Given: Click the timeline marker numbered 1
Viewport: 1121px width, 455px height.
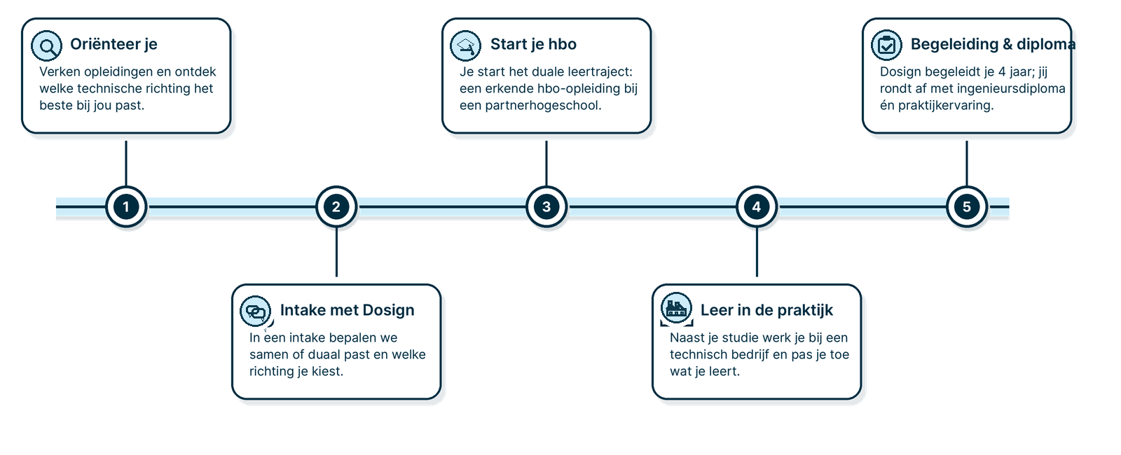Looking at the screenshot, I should pyautogui.click(x=126, y=206).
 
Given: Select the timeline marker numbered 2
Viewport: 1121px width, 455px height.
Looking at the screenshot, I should pyautogui.click(x=336, y=206).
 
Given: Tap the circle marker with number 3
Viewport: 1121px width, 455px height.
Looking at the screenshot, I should pyautogui.click(x=546, y=206).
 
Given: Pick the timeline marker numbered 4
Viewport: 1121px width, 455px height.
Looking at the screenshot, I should pyautogui.click(x=757, y=206).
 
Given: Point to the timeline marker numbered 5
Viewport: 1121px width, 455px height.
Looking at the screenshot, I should pyautogui.click(x=967, y=206).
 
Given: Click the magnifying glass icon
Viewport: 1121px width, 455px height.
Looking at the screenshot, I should pyautogui.click(x=47, y=46).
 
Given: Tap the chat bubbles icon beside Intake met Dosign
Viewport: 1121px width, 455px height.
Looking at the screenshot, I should pyautogui.click(x=256, y=311).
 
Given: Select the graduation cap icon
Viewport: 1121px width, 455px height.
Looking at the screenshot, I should pyautogui.click(x=466, y=46).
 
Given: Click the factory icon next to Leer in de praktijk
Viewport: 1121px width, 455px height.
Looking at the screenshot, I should pyautogui.click(x=676, y=308).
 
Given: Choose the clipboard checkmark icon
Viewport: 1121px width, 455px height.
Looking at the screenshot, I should pyautogui.click(x=886, y=46).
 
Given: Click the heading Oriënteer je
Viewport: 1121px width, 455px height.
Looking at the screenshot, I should pyautogui.click(x=114, y=44).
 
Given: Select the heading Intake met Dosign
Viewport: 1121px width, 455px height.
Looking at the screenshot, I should pyautogui.click(x=347, y=310).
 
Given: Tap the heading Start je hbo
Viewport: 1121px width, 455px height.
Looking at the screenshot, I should pyautogui.click(x=533, y=44).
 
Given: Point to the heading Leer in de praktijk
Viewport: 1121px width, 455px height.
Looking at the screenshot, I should pyautogui.click(x=766, y=310).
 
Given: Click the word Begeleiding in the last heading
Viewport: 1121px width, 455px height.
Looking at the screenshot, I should pyautogui.click(x=954, y=44).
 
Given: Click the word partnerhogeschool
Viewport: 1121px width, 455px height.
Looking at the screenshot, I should pyautogui.click(x=543, y=106).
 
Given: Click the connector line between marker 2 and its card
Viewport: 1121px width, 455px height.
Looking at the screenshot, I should pyautogui.click(x=336, y=252).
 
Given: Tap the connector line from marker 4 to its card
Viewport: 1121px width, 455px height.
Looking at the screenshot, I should pyautogui.click(x=757, y=252).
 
